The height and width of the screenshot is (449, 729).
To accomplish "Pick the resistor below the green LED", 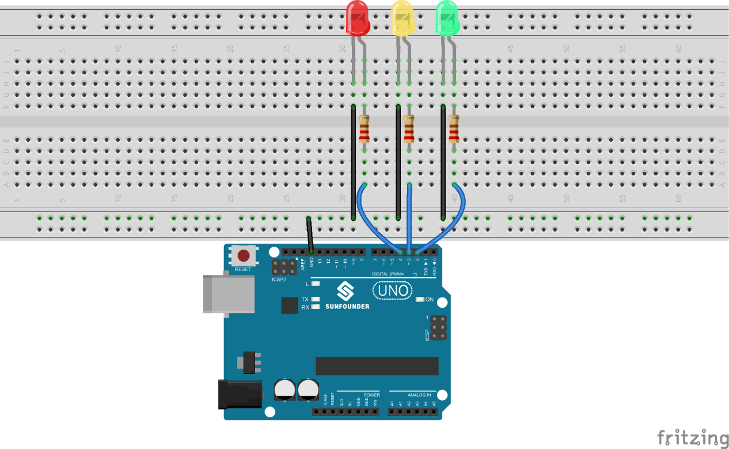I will point(454,129).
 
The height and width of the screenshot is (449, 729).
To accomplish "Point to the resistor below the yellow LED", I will point(409,129).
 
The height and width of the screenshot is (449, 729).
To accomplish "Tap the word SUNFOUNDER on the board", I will point(347,307).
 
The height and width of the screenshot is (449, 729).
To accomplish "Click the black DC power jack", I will point(239,394).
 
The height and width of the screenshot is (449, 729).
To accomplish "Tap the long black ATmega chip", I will point(377,366).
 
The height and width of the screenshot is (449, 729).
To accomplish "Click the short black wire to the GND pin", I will point(309,233).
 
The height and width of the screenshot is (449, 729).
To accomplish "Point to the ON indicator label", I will point(429,299).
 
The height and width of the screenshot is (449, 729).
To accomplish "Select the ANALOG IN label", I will point(419,395).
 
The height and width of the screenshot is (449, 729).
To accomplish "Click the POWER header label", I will point(371,395).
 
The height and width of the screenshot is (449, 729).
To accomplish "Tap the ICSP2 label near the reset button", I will point(279,279).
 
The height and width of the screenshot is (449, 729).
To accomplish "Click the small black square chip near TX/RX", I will point(290,305).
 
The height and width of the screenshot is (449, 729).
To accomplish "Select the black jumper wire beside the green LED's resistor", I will point(443,162).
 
